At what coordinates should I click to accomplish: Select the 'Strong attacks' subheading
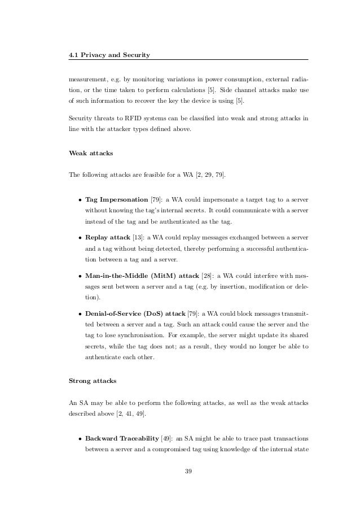coord(92,381)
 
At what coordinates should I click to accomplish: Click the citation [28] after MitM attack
coord(208,276)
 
